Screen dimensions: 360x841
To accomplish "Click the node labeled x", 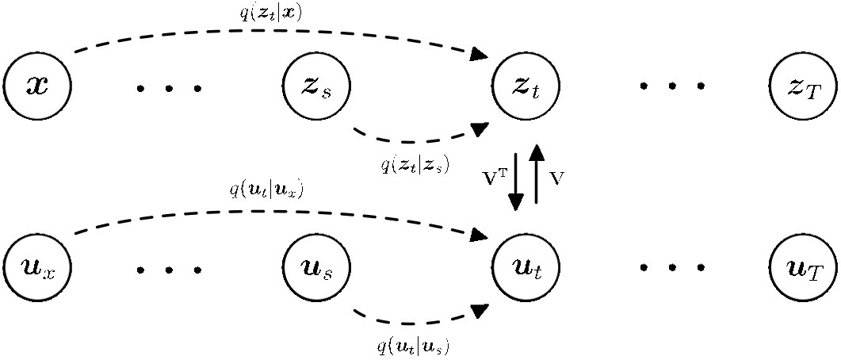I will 37,86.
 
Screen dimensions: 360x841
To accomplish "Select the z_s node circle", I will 316,86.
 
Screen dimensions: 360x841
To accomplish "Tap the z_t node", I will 526,86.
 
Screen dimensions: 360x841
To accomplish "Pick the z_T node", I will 803,86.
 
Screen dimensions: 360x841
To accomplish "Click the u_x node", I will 37,267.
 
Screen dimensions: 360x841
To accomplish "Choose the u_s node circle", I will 316,267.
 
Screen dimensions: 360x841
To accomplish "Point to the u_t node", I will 526,267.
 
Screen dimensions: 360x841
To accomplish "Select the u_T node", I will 803,267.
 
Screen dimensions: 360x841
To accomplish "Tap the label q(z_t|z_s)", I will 415,164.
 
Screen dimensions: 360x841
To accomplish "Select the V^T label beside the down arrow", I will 496,178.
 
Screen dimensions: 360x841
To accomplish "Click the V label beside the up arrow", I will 556,178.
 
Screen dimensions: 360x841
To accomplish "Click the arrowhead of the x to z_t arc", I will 479,54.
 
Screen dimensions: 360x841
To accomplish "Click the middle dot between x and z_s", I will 169,88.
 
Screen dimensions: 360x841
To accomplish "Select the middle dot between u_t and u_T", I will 671,268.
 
